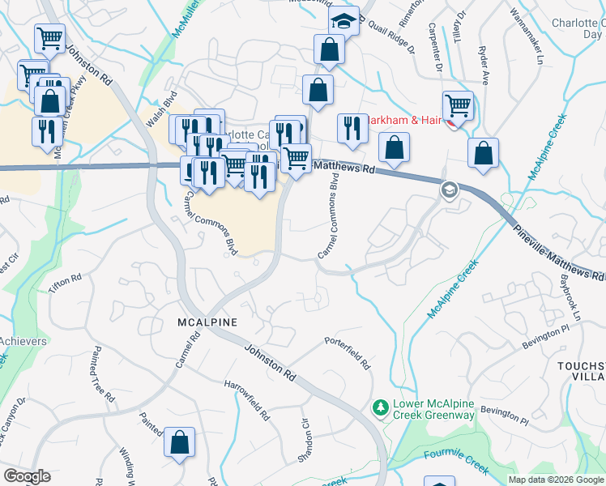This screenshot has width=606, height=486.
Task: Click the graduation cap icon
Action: tap(344, 21)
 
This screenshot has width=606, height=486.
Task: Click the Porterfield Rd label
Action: tap(348, 352)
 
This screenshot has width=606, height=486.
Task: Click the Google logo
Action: tap(28, 476)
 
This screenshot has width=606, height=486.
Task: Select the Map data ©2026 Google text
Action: tap(556, 480)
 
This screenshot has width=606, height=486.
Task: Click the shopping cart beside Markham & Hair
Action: tap(458, 107)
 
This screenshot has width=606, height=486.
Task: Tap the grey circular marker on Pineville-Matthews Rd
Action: tap(448, 190)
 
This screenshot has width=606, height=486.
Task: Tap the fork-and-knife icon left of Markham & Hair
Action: tap(352, 129)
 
